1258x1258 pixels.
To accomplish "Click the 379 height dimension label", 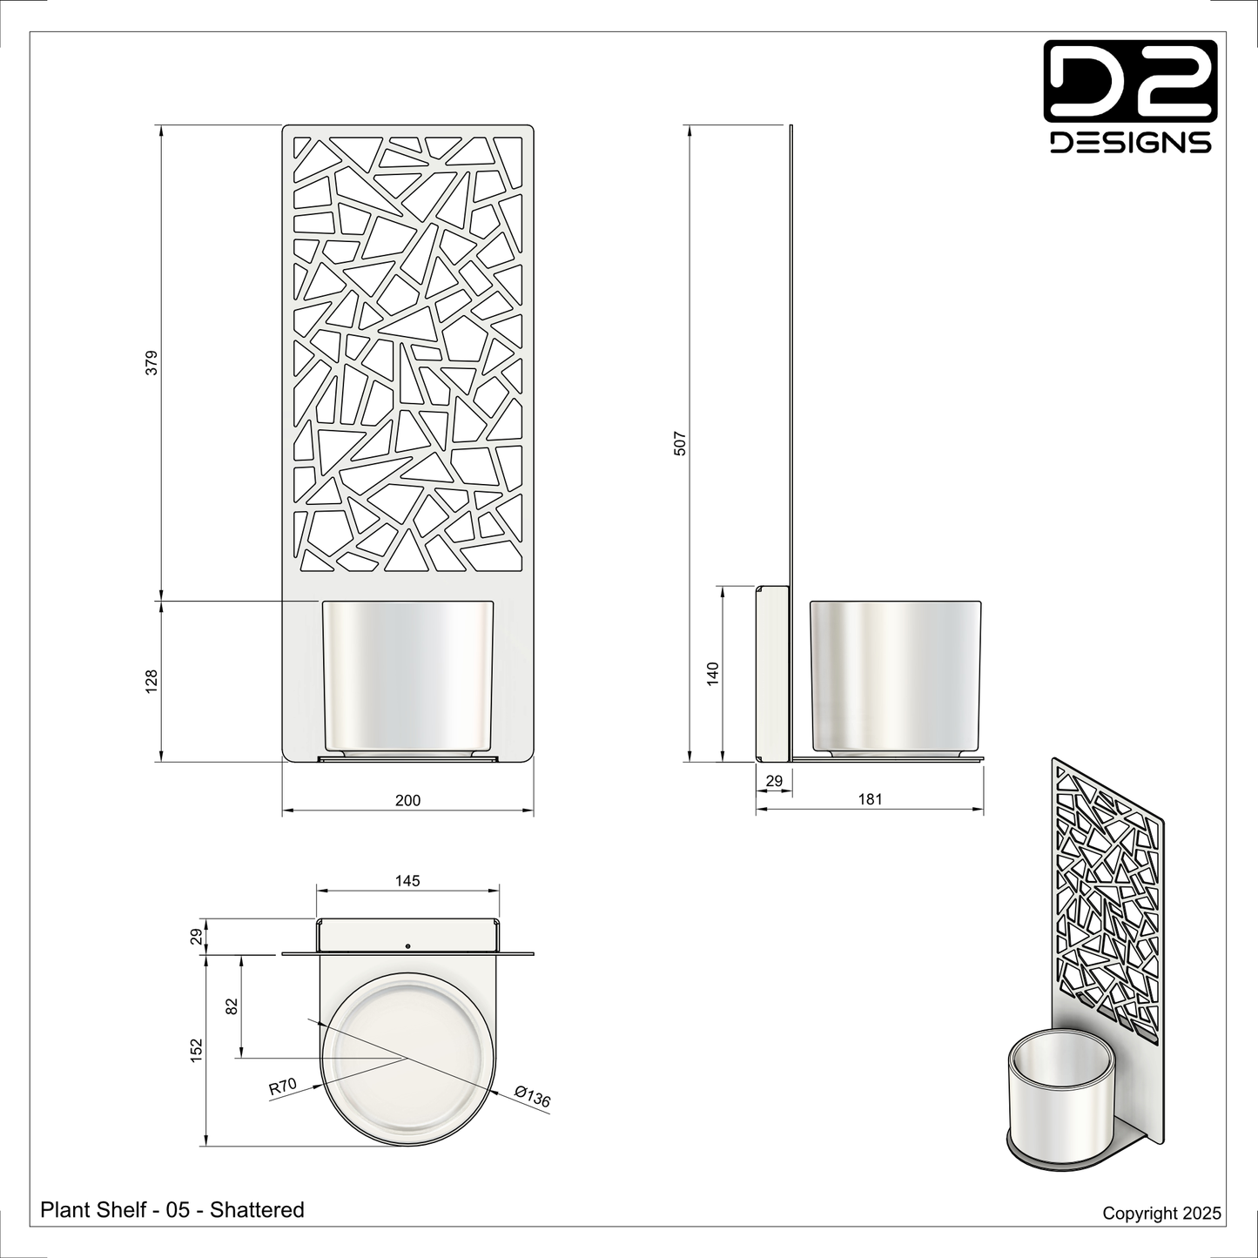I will (151, 362).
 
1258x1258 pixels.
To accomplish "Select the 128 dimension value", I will (151, 681).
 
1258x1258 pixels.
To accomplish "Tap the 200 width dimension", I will (407, 800).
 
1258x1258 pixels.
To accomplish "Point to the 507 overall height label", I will (681, 443).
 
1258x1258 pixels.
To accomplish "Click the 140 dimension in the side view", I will (713, 674).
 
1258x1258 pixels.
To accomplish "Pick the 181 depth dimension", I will (870, 799).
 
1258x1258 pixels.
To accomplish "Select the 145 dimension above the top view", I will (407, 881).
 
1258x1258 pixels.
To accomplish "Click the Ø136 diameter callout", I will (532, 1097).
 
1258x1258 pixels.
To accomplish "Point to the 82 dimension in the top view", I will (232, 1006).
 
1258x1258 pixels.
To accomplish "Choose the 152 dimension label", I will (197, 1049).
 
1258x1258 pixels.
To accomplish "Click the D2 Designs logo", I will (1130, 97).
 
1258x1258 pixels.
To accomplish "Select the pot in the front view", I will (407, 675).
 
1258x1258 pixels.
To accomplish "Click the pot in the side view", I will (896, 675).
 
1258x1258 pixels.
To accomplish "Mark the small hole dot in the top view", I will (407, 945).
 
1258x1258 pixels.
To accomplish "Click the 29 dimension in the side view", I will (773, 782).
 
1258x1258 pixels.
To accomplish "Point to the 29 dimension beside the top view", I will (197, 936).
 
